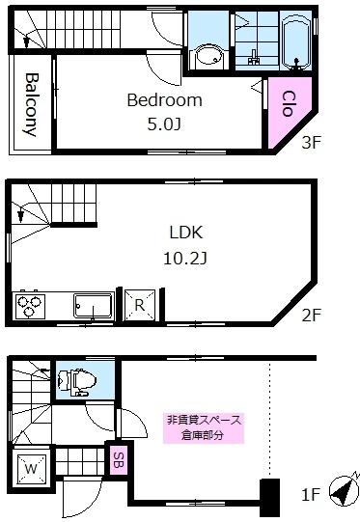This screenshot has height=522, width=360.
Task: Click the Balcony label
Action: (31, 104)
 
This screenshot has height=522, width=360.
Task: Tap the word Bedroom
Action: (164, 100)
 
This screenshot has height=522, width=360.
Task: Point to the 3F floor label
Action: (310, 144)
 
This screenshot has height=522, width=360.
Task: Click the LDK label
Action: (184, 234)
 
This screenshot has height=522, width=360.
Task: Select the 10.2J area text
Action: (184, 258)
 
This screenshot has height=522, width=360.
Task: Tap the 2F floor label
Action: (311, 315)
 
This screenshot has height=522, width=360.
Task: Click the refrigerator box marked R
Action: (139, 304)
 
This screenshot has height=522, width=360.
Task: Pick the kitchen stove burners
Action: (30, 306)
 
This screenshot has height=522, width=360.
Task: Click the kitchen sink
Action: (93, 306)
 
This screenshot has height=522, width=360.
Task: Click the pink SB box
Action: (118, 459)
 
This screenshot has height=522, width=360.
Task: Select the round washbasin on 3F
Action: (207, 56)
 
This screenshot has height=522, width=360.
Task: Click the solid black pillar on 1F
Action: (269, 497)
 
